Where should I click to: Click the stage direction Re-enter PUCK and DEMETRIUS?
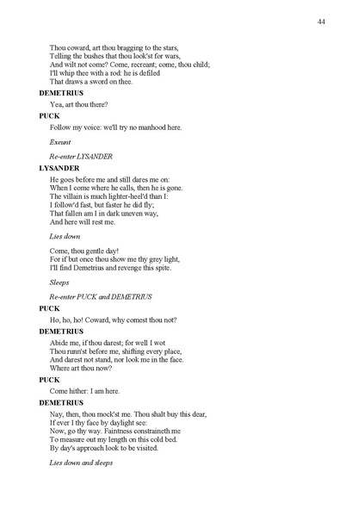tap(101, 295)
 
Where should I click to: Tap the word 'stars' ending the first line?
tap(177, 47)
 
